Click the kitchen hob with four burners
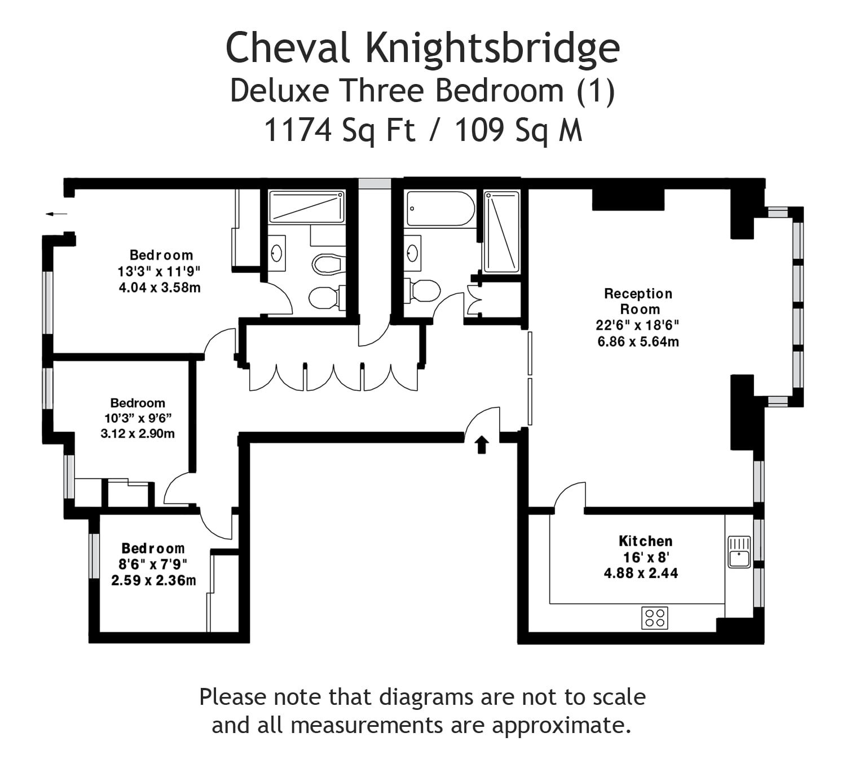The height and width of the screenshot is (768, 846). pyautogui.click(x=655, y=618)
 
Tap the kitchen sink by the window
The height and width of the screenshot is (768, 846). pyautogui.click(x=739, y=552)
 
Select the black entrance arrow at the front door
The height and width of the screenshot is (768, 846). pyautogui.click(x=482, y=445)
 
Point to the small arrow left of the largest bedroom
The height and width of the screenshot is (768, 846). pyautogui.click(x=56, y=214)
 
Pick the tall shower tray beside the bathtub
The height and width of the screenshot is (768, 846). pyautogui.click(x=501, y=232)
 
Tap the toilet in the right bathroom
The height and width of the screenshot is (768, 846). pyautogui.click(x=422, y=291)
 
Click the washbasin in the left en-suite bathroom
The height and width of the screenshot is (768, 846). pyautogui.click(x=277, y=253)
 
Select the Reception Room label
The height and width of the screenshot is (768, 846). pyautogui.click(x=638, y=301)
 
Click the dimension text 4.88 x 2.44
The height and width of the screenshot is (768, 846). pyautogui.click(x=641, y=573)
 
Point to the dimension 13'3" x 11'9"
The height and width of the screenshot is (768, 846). pyautogui.click(x=158, y=271)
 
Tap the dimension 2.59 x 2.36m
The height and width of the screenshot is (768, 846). pyautogui.click(x=153, y=580)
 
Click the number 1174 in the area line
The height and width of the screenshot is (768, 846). pyautogui.click(x=298, y=130)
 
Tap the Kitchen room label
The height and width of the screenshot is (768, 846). pyautogui.click(x=645, y=541)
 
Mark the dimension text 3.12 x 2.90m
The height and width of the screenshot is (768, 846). pyautogui.click(x=138, y=433)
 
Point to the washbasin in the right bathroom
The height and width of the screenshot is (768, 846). pyautogui.click(x=412, y=253)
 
